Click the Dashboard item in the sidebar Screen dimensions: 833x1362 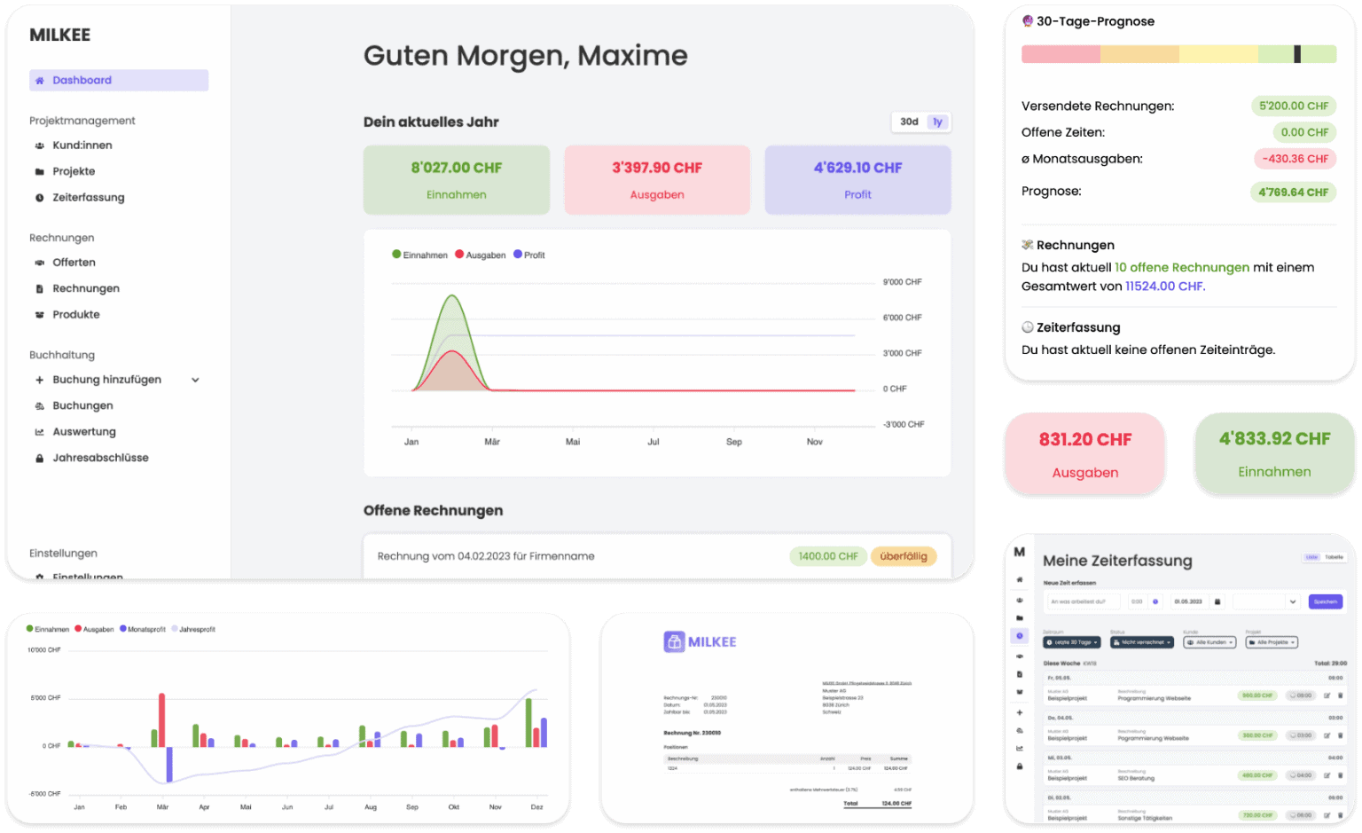coord(119,81)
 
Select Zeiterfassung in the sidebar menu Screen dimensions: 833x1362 coord(88,198)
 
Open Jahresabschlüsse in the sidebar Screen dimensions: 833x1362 coord(100,458)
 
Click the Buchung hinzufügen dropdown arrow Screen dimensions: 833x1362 coord(195,380)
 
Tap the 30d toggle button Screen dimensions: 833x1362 coord(909,122)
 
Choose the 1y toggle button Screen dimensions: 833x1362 coord(937,122)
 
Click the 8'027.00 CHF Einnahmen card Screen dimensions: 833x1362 coord(456,180)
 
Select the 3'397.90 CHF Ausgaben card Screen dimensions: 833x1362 coord(657,180)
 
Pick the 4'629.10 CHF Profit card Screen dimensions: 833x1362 coord(857,180)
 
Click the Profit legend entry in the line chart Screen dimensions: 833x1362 coord(529,255)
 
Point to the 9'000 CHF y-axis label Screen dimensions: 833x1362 coord(902,282)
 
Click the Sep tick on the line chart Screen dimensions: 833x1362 coord(734,442)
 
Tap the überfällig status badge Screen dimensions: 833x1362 coord(904,556)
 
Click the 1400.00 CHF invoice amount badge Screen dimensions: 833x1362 coord(827,556)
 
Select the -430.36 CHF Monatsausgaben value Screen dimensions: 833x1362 coord(1295,159)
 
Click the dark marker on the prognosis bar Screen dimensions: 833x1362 coord(1297,54)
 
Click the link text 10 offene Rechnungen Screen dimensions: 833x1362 coord(1181,268)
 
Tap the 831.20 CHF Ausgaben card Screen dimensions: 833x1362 coord(1084,453)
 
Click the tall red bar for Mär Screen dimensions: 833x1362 coord(161,719)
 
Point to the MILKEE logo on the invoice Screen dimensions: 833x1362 coord(701,641)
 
